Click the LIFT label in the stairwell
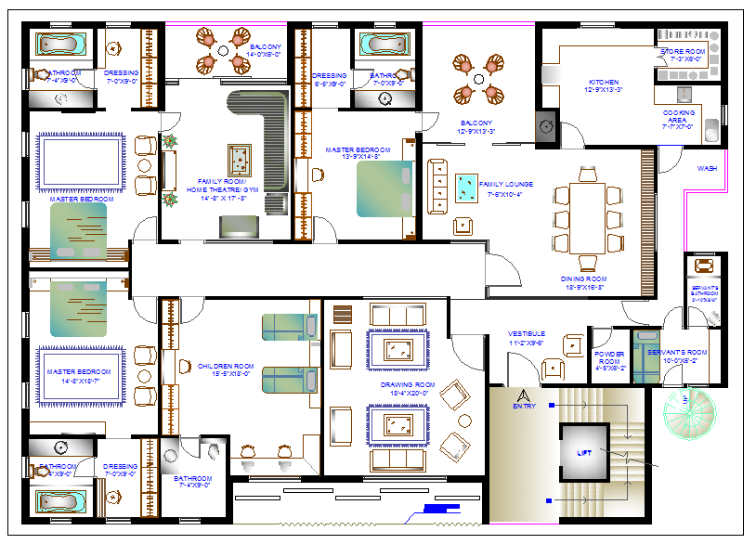click(x=583, y=454)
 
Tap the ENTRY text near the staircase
click(x=524, y=406)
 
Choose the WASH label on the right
click(x=707, y=168)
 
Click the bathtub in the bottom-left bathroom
click(x=63, y=500)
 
